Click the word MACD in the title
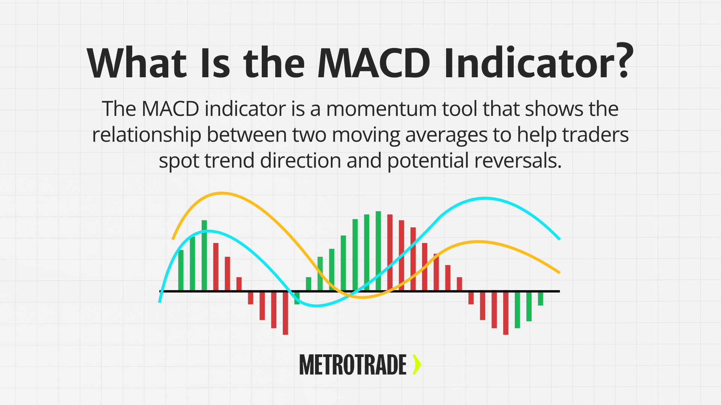[374, 63]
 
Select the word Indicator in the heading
[529, 63]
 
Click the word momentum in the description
[381, 109]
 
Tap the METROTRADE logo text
[353, 365]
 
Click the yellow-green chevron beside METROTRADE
[416, 364]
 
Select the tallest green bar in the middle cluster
[378, 250]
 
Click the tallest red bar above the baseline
[390, 252]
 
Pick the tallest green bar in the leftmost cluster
[204, 255]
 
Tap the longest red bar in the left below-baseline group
[285, 313]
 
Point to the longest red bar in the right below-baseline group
[505, 313]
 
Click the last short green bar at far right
[540, 299]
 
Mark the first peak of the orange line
[222, 193]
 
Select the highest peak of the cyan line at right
[484, 198]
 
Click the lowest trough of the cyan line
[317, 306]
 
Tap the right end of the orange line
[559, 272]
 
